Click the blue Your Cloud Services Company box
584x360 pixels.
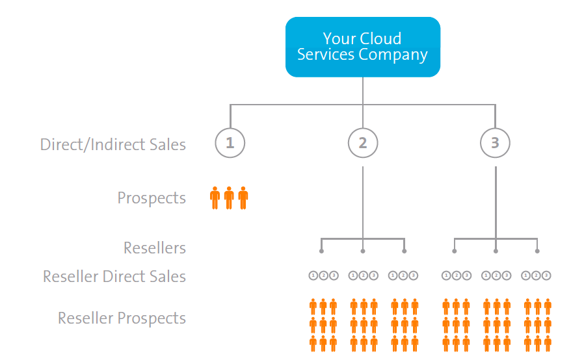363,47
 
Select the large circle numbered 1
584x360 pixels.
230,143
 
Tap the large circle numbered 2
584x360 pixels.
363,143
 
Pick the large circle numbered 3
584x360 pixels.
496,143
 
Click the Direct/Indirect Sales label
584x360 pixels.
113,144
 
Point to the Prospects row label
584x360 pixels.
152,198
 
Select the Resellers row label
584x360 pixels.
155,248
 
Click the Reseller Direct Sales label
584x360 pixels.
114,277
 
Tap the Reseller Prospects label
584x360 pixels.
122,318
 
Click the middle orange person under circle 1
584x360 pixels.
229,198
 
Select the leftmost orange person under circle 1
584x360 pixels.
215,198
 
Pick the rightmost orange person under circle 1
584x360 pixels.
243,198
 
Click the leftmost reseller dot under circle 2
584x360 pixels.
321,251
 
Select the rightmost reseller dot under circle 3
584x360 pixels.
537,251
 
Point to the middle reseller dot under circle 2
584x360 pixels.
363,251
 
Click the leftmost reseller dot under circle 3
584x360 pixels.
455,251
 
